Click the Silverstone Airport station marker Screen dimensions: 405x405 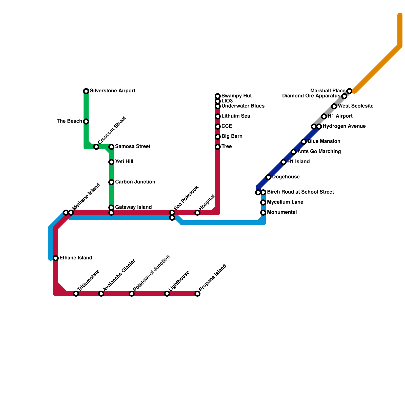click(86, 91)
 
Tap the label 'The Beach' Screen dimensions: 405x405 click(69, 121)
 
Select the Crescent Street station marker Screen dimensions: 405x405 click(96, 147)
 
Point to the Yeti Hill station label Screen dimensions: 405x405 click(124, 162)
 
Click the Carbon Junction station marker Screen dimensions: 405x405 click(111, 182)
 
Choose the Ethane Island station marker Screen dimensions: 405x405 click(56, 258)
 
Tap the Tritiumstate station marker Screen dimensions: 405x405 click(76, 294)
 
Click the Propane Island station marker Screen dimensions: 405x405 click(197, 294)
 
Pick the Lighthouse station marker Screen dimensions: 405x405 click(167, 294)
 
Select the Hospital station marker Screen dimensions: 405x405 click(197, 213)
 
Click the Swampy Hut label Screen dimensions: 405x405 click(236, 96)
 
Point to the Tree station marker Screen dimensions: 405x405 click(218, 147)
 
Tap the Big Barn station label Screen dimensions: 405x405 click(232, 136)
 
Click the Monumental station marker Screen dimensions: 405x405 click(263, 213)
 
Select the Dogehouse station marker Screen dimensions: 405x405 click(268, 177)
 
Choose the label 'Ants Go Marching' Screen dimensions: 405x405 click(319, 152)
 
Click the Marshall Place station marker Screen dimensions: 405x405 click(349, 91)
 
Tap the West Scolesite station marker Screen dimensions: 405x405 click(334, 106)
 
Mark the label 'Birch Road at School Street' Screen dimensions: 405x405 click(300, 192)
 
